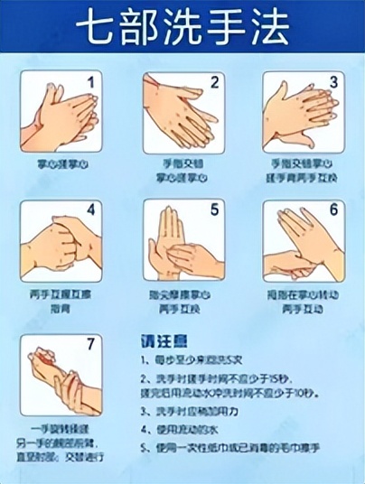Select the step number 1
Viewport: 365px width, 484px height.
90,82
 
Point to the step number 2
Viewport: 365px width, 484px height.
214,82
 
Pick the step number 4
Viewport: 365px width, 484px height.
90,210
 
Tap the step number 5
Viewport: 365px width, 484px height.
214,210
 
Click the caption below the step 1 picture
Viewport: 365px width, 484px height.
61,164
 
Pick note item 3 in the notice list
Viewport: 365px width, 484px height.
192,409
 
